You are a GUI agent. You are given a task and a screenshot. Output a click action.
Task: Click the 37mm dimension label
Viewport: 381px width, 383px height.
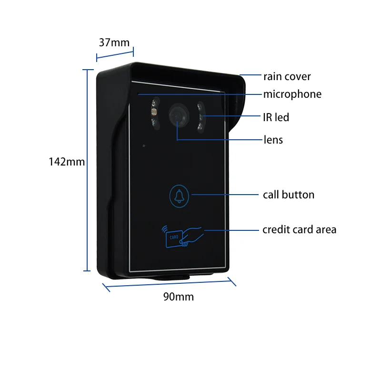pos(114,42)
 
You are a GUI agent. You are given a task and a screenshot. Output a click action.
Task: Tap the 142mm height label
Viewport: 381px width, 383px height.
pos(67,162)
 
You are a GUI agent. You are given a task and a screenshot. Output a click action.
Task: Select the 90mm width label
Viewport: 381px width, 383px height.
pos(179,297)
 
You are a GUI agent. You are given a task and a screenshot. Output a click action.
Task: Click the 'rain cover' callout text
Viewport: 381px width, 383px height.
pos(287,76)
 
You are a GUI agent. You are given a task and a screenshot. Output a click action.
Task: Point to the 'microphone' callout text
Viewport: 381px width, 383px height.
pos(292,94)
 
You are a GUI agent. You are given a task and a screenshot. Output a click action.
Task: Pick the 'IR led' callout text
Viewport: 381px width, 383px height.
pos(276,117)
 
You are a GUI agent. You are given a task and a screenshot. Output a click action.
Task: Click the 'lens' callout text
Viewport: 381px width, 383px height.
pos(273,140)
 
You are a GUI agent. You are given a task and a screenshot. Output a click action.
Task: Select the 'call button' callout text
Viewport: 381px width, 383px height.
pos(289,195)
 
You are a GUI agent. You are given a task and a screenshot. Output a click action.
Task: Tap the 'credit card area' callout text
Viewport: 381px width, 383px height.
pos(299,229)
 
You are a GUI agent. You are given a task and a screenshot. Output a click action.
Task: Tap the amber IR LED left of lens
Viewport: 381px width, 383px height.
pos(153,113)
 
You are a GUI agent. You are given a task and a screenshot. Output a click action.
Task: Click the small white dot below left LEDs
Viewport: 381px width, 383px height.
pos(144,145)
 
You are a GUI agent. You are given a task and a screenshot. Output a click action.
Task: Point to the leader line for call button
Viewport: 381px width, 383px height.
pos(224,195)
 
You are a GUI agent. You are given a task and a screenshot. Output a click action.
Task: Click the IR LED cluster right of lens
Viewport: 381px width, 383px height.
pos(201,117)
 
